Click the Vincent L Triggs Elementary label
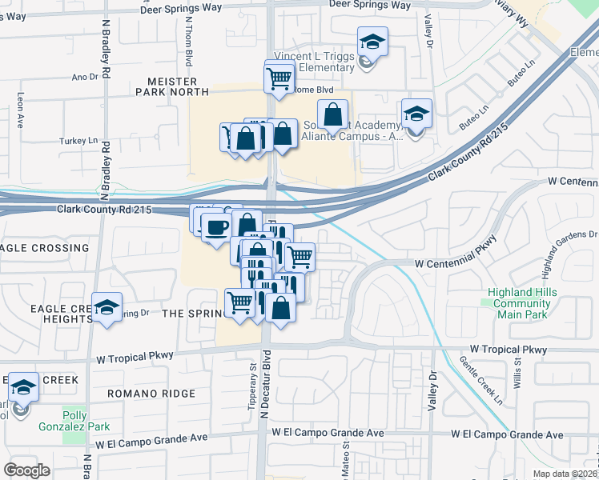pyautogui.click(x=314, y=62)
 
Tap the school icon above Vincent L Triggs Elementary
pyautogui.click(x=372, y=42)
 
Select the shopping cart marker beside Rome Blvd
pyautogui.click(x=279, y=78)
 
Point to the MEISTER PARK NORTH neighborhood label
pyautogui.click(x=178, y=86)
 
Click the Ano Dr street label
pyautogui.click(x=84, y=78)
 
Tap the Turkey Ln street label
pyautogui.click(x=78, y=141)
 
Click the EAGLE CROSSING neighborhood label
pyautogui.click(x=44, y=248)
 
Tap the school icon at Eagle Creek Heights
pyautogui.click(x=107, y=308)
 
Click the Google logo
pyautogui.click(x=26, y=470)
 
